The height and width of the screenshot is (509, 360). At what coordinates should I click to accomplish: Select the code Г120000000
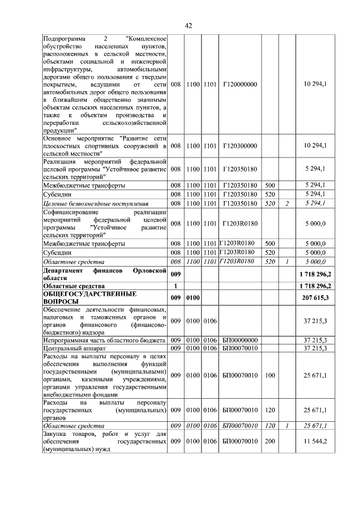[x=240, y=84]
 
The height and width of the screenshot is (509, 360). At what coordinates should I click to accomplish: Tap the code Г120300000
[x=240, y=146]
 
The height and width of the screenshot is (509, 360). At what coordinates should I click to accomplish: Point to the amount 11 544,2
[x=318, y=442]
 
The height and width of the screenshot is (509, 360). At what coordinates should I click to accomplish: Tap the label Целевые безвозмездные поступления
[x=96, y=203]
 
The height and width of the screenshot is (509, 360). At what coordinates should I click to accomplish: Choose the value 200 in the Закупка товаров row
[x=270, y=442]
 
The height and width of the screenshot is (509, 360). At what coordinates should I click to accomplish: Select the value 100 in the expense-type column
[x=270, y=375]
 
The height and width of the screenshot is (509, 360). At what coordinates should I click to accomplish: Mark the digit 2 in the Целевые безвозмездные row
[x=286, y=203]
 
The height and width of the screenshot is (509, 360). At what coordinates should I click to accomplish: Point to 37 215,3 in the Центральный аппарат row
[x=318, y=349]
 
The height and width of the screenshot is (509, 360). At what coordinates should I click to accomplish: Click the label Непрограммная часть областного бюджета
[x=105, y=340]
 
